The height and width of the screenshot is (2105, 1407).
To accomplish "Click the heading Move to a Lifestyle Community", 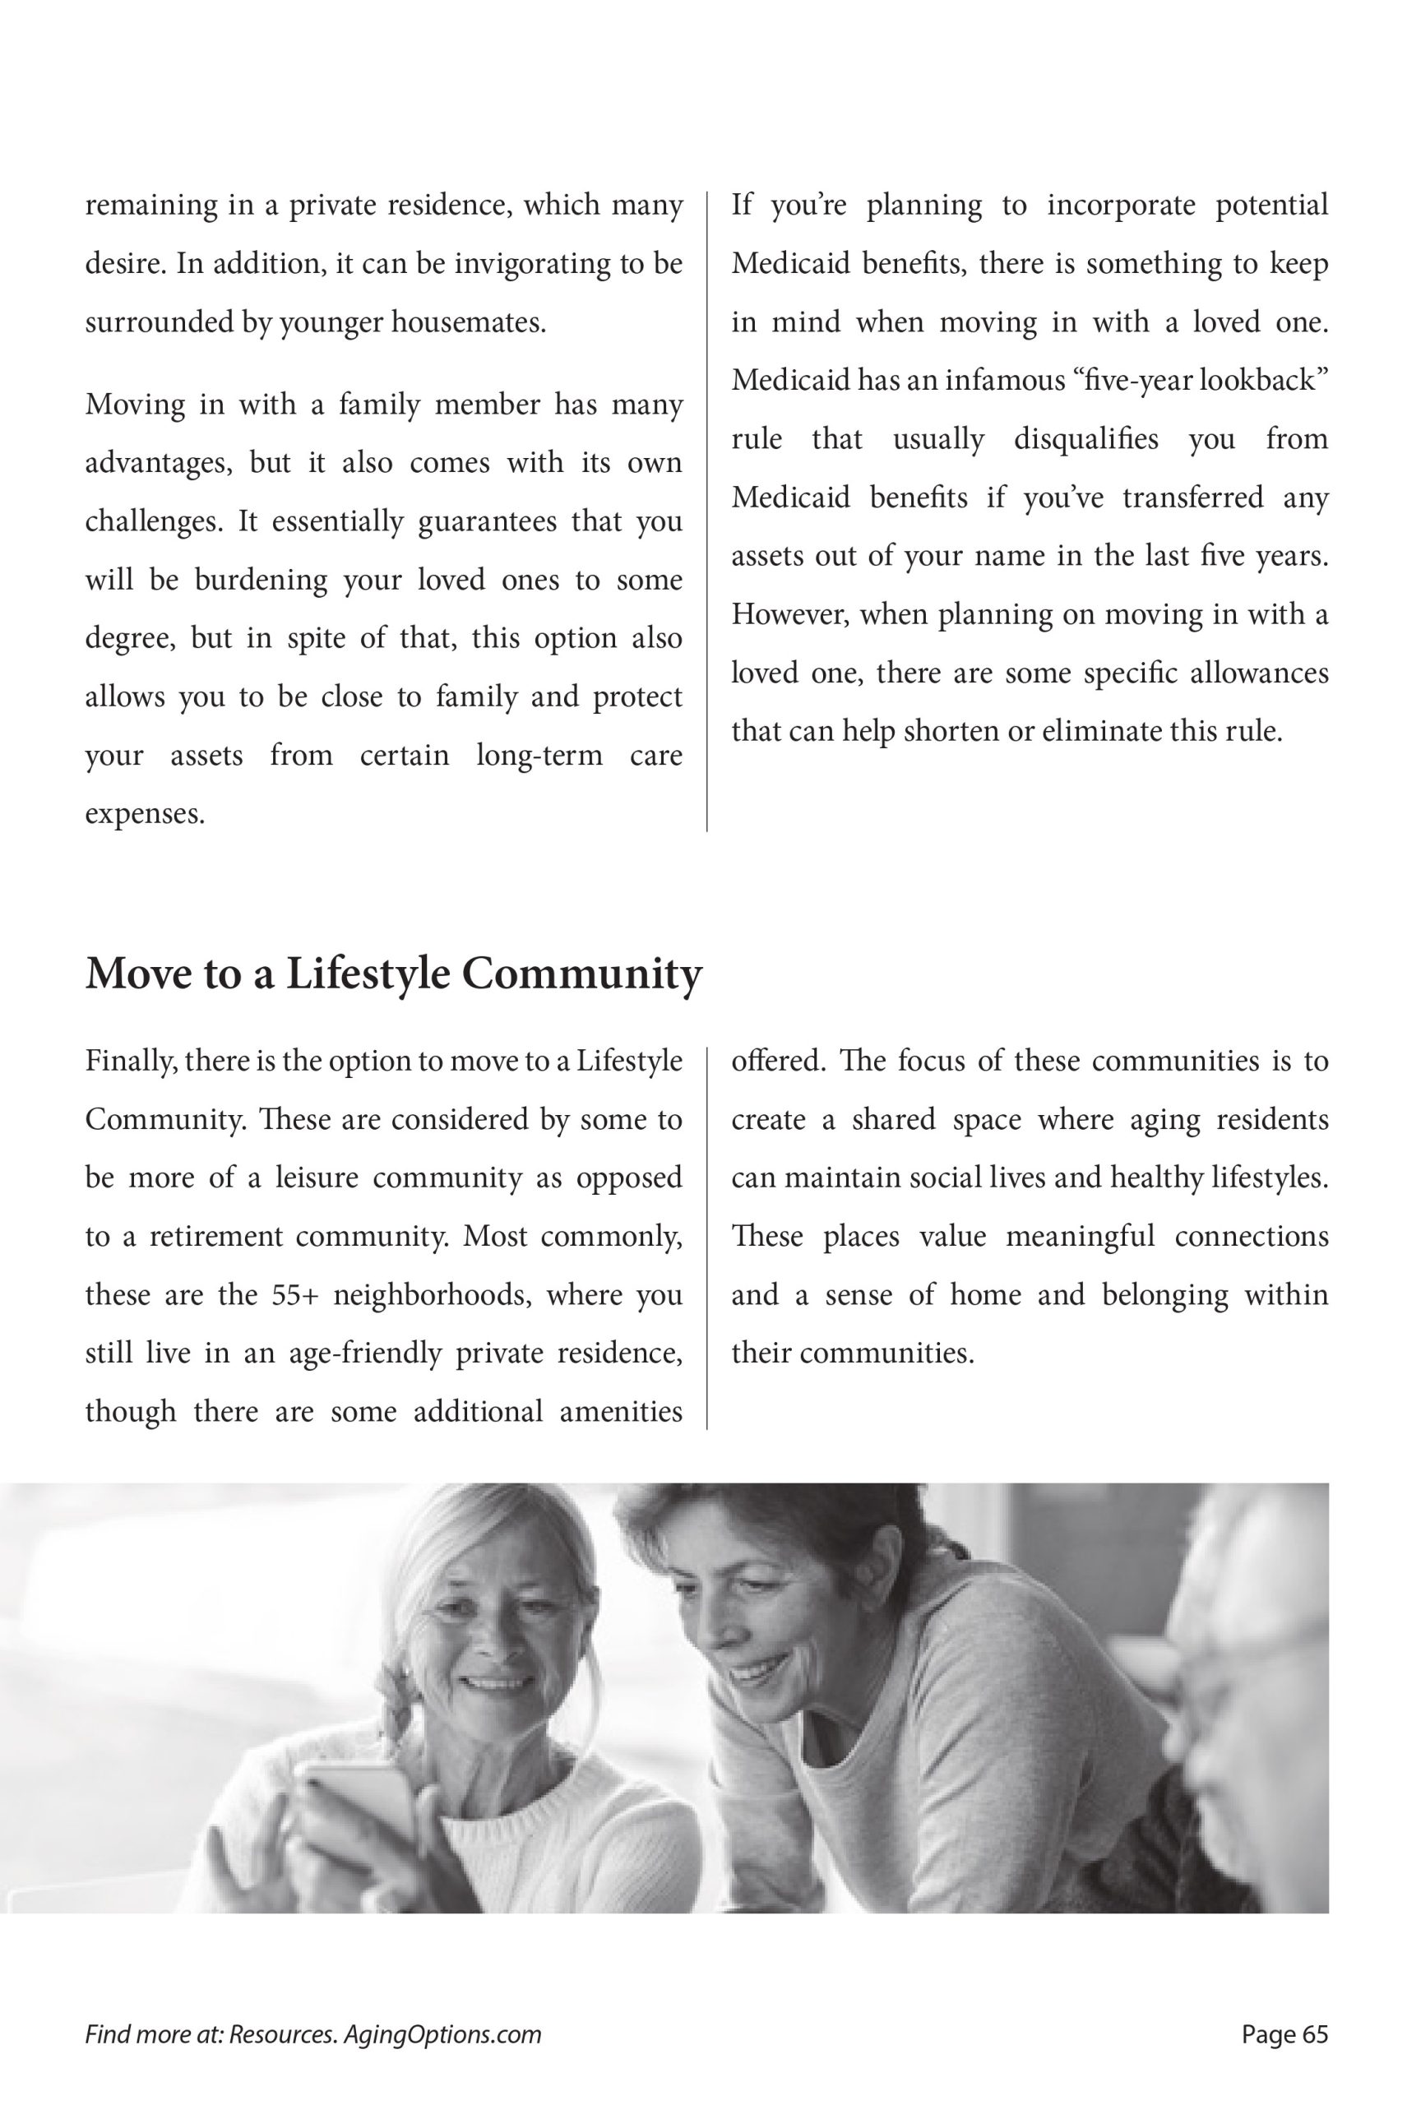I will pyautogui.click(x=393, y=974).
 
